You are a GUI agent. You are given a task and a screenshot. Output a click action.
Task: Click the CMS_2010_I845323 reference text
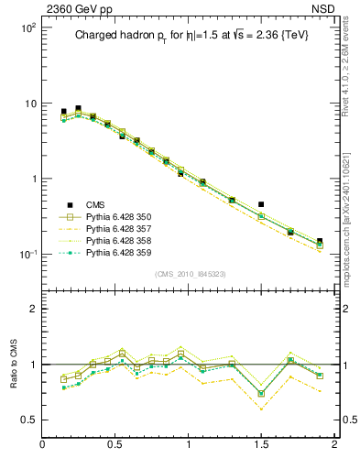click(x=190, y=274)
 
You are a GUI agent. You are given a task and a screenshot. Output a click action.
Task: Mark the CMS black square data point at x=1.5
click(x=261, y=204)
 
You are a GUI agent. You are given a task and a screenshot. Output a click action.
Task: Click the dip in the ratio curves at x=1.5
click(x=261, y=393)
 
